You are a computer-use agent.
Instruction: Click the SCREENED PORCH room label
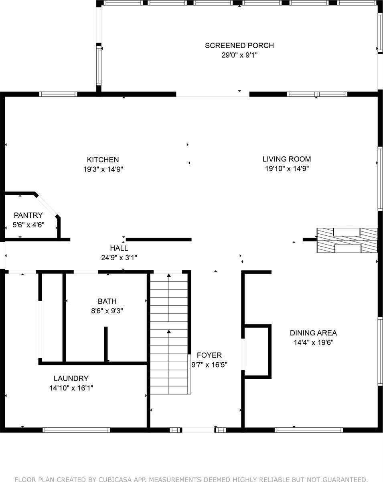point(239,45)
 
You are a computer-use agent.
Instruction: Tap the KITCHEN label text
point(103,159)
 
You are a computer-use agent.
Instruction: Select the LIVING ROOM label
point(286,159)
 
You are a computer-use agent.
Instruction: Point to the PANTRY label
point(28,215)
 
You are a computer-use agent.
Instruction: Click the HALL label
point(119,248)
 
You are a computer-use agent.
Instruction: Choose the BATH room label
point(107,301)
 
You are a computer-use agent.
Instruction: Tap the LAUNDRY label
point(71,378)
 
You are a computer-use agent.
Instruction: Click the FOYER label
point(209,355)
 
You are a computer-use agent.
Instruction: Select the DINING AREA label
point(313,333)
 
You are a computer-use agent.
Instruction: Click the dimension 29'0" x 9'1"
point(239,55)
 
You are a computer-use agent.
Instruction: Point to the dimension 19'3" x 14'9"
point(103,170)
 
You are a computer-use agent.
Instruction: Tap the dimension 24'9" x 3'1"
point(119,258)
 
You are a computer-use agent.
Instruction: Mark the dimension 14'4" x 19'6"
point(313,343)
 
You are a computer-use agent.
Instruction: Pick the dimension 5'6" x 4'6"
point(28,225)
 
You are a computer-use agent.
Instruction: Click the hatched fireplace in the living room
point(347,240)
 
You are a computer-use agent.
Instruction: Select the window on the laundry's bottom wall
point(76,430)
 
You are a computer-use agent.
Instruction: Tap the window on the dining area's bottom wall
point(309,430)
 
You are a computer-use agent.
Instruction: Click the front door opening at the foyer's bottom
point(198,430)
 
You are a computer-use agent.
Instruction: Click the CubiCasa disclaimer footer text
point(191,479)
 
